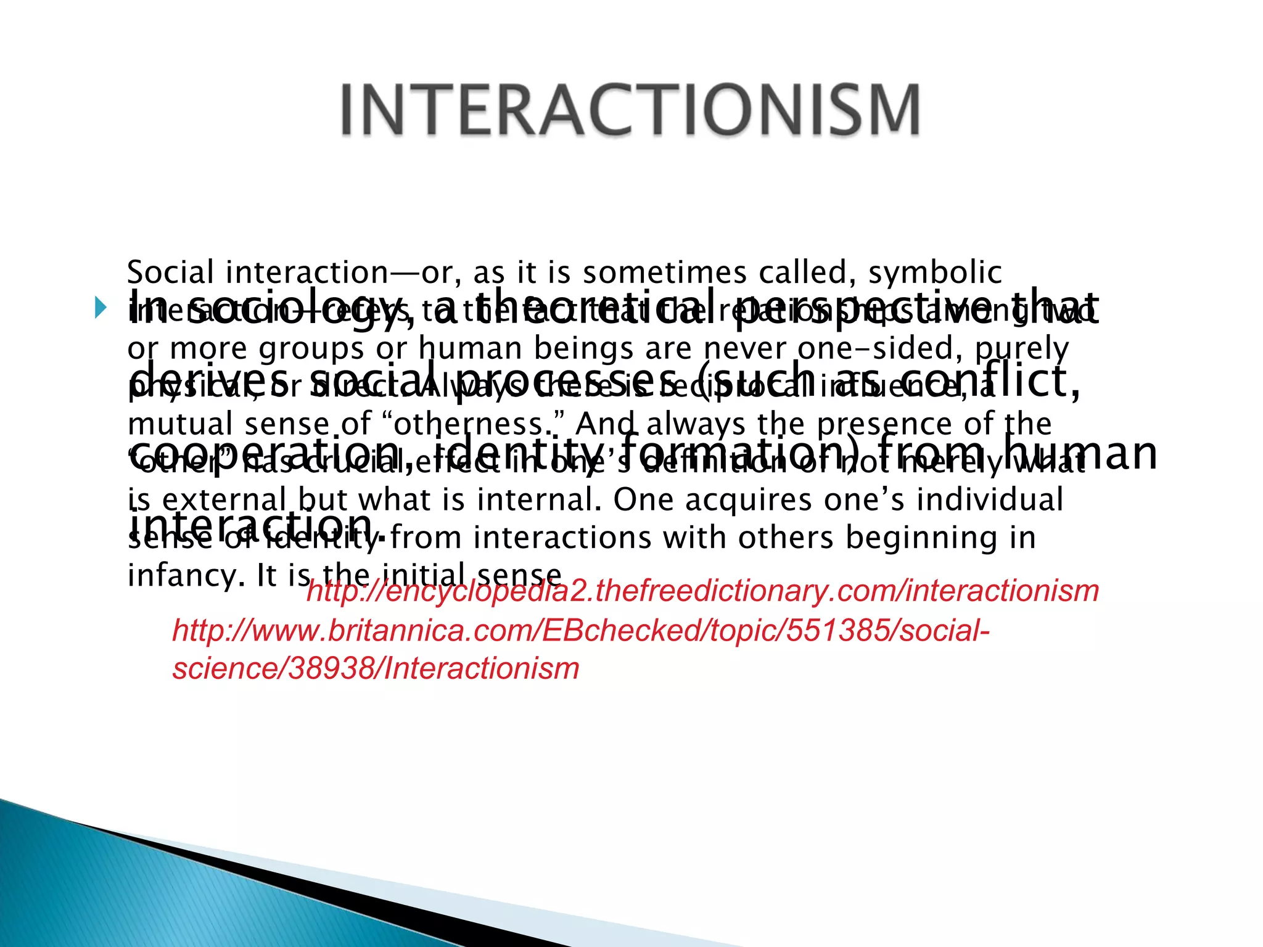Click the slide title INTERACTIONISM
point(630,110)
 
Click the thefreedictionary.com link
point(702,591)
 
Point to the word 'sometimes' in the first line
point(665,273)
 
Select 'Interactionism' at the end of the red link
point(482,668)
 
